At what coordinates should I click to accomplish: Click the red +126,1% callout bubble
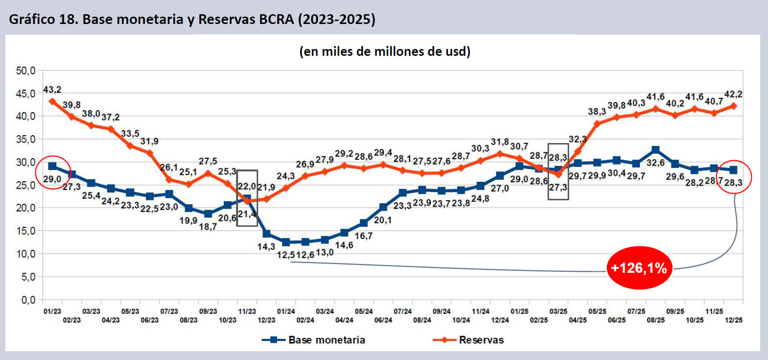click(x=639, y=268)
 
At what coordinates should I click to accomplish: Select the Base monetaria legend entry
click(x=313, y=340)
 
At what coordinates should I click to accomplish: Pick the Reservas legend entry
click(x=468, y=340)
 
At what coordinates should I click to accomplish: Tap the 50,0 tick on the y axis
click(x=25, y=71)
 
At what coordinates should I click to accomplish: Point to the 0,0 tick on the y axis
click(x=28, y=300)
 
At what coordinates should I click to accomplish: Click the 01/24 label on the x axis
click(x=286, y=312)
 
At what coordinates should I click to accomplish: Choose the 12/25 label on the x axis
click(x=733, y=320)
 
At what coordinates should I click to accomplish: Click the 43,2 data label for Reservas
click(x=52, y=90)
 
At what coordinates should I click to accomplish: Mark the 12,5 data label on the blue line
click(x=286, y=255)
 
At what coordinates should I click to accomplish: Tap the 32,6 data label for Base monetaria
click(x=655, y=163)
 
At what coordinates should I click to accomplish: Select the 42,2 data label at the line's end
click(x=733, y=94)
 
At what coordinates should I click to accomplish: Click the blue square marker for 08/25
click(x=655, y=150)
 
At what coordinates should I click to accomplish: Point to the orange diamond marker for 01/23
click(x=52, y=101)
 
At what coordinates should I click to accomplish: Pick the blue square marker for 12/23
click(x=266, y=234)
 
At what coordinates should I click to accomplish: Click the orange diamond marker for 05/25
click(x=597, y=124)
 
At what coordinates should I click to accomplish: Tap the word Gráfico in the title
click(x=31, y=19)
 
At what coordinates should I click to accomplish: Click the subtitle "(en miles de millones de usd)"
click(x=384, y=51)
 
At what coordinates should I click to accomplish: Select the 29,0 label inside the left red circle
click(x=52, y=179)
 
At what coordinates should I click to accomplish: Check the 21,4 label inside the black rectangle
click(x=247, y=215)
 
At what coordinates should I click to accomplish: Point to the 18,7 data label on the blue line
click(x=208, y=227)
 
